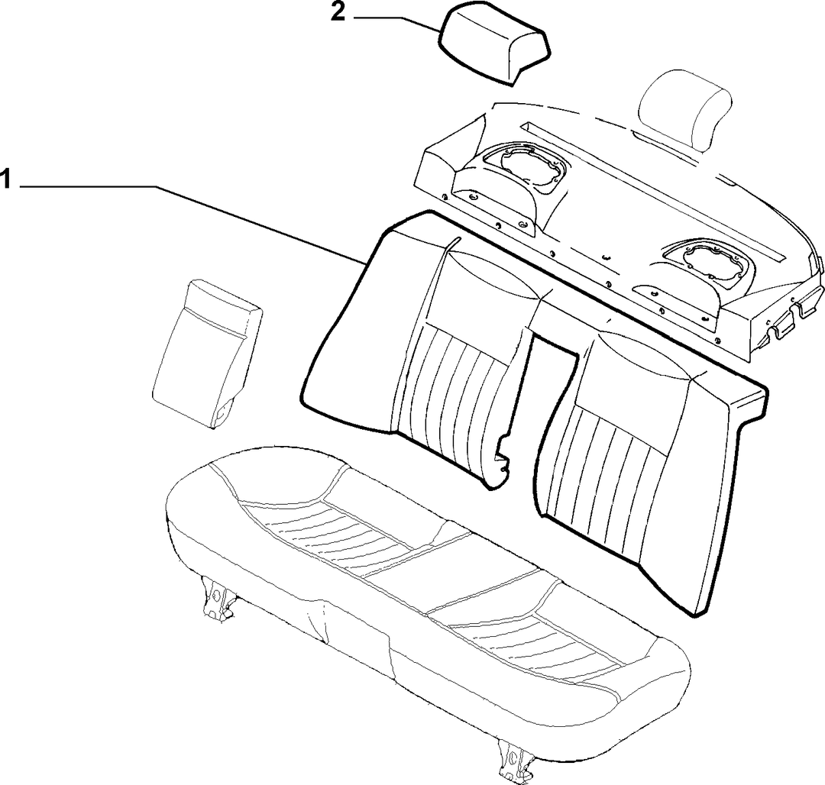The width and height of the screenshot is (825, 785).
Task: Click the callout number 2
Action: tap(338, 13)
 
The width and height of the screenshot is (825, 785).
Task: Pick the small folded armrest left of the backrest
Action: tap(207, 351)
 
